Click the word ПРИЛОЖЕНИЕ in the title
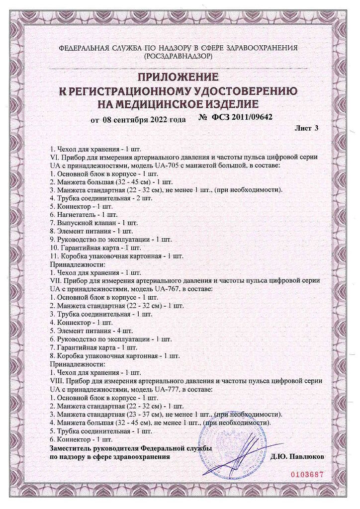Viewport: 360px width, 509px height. click(x=178, y=78)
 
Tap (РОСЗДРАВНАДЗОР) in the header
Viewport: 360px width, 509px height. click(x=178, y=57)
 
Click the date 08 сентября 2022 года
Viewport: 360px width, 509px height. click(x=144, y=120)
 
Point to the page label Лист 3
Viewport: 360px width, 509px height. click(x=307, y=128)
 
